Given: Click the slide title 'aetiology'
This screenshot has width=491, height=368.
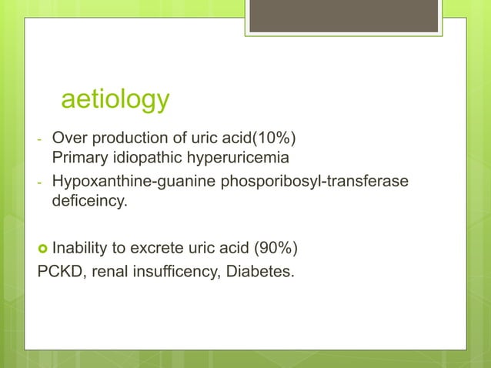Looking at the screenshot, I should click(115, 99).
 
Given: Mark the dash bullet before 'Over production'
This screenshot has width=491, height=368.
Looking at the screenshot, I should click(38, 140).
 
